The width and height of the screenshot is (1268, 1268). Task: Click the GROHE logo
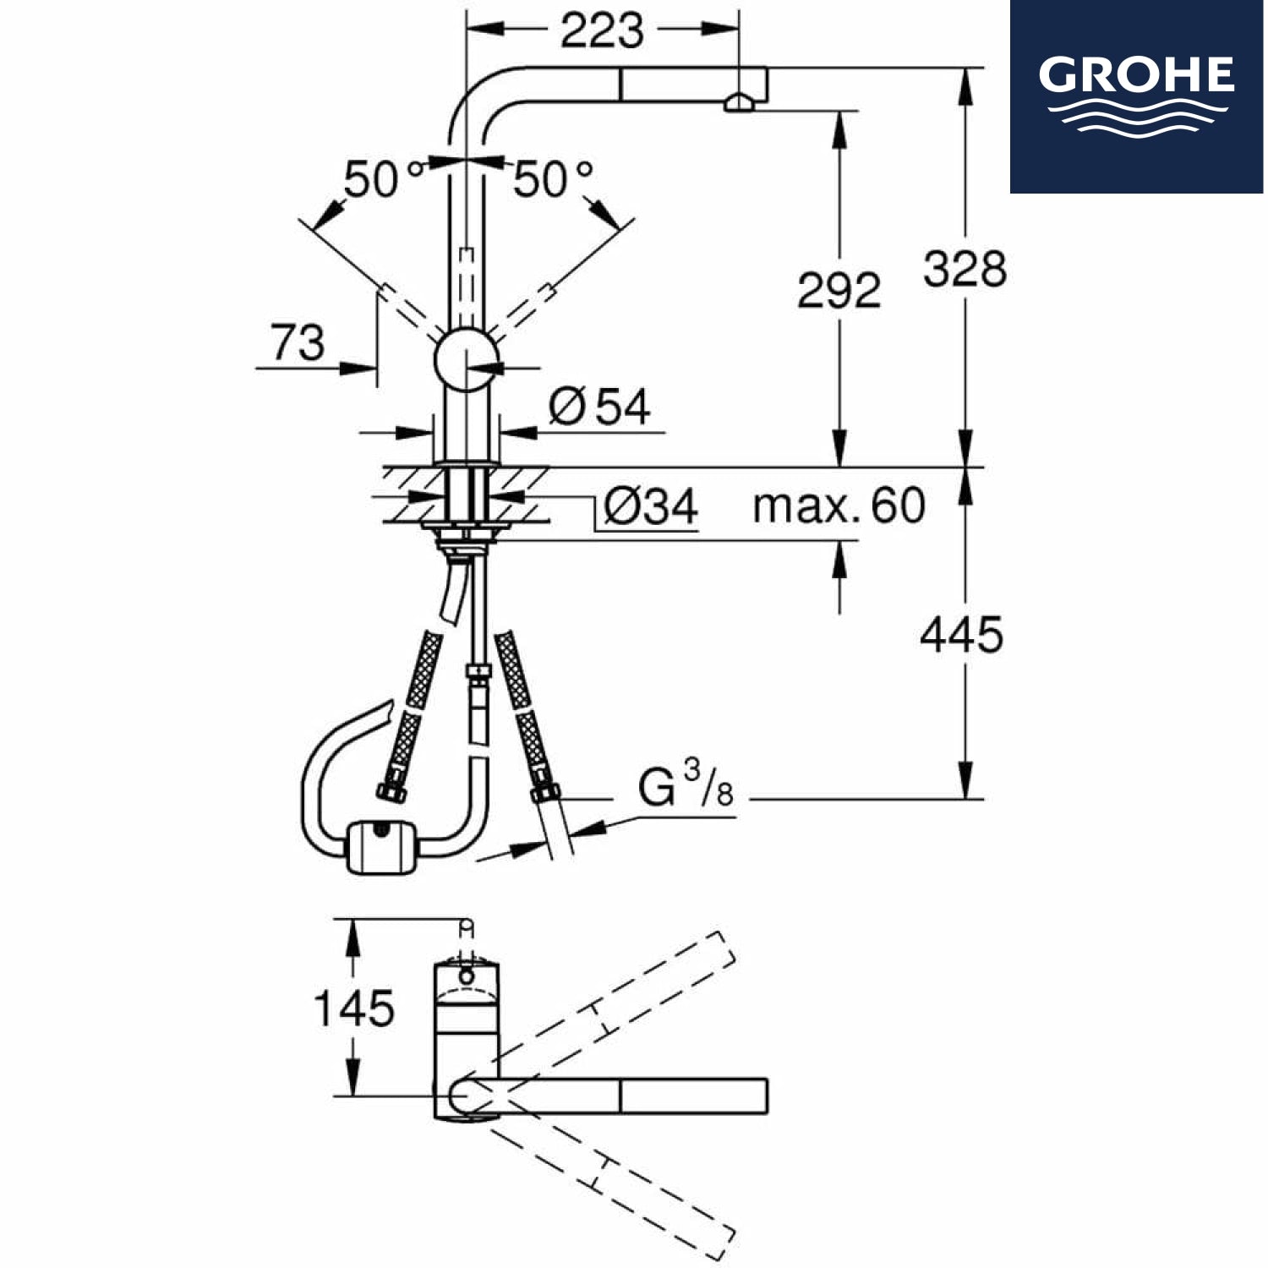pos(1137,96)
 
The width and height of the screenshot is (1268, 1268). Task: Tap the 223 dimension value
pos(602,31)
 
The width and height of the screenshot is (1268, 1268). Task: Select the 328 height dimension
pos(965,269)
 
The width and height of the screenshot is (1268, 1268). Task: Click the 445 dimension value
pos(961,634)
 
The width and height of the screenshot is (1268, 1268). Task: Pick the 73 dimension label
pos(298,342)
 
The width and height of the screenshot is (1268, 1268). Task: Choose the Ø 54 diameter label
pos(599,407)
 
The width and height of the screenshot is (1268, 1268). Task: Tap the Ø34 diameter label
pos(651,506)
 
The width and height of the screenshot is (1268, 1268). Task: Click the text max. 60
pos(839,506)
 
